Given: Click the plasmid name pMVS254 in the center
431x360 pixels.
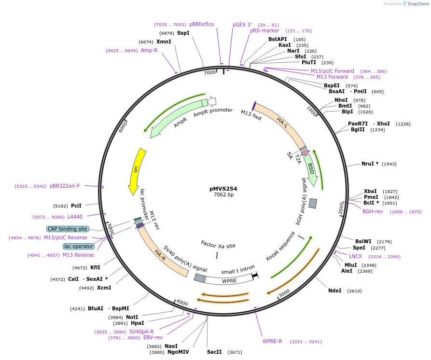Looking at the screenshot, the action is click(x=223, y=189).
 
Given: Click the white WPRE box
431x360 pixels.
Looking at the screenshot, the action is click(x=229, y=280).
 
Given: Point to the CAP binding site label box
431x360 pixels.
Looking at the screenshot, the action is click(x=68, y=229).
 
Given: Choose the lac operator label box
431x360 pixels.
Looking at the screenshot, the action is click(x=79, y=246).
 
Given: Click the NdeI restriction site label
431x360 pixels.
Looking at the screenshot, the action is click(x=335, y=291).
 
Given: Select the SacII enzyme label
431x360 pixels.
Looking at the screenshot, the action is click(x=214, y=352).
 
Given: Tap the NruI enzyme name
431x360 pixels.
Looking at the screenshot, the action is click(x=368, y=164).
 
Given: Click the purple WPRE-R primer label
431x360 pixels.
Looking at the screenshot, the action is click(x=272, y=341).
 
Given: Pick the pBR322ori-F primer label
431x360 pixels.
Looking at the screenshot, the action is click(x=65, y=186).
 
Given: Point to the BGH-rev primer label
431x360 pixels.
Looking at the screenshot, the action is click(x=373, y=211).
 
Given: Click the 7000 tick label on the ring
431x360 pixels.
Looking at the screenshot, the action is click(x=210, y=72).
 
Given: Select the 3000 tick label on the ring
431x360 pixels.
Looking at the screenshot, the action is click(x=284, y=293).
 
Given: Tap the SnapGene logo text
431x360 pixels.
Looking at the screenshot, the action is click(x=418, y=3).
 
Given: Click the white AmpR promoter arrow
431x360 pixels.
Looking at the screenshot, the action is click(x=212, y=101).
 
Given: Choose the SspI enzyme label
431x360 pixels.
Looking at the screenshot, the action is click(x=183, y=33).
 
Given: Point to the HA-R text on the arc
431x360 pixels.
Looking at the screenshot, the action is click(x=160, y=255).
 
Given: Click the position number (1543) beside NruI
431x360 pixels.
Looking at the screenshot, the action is click(x=389, y=164).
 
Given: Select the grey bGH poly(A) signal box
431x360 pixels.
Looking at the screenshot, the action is click(x=313, y=203).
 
